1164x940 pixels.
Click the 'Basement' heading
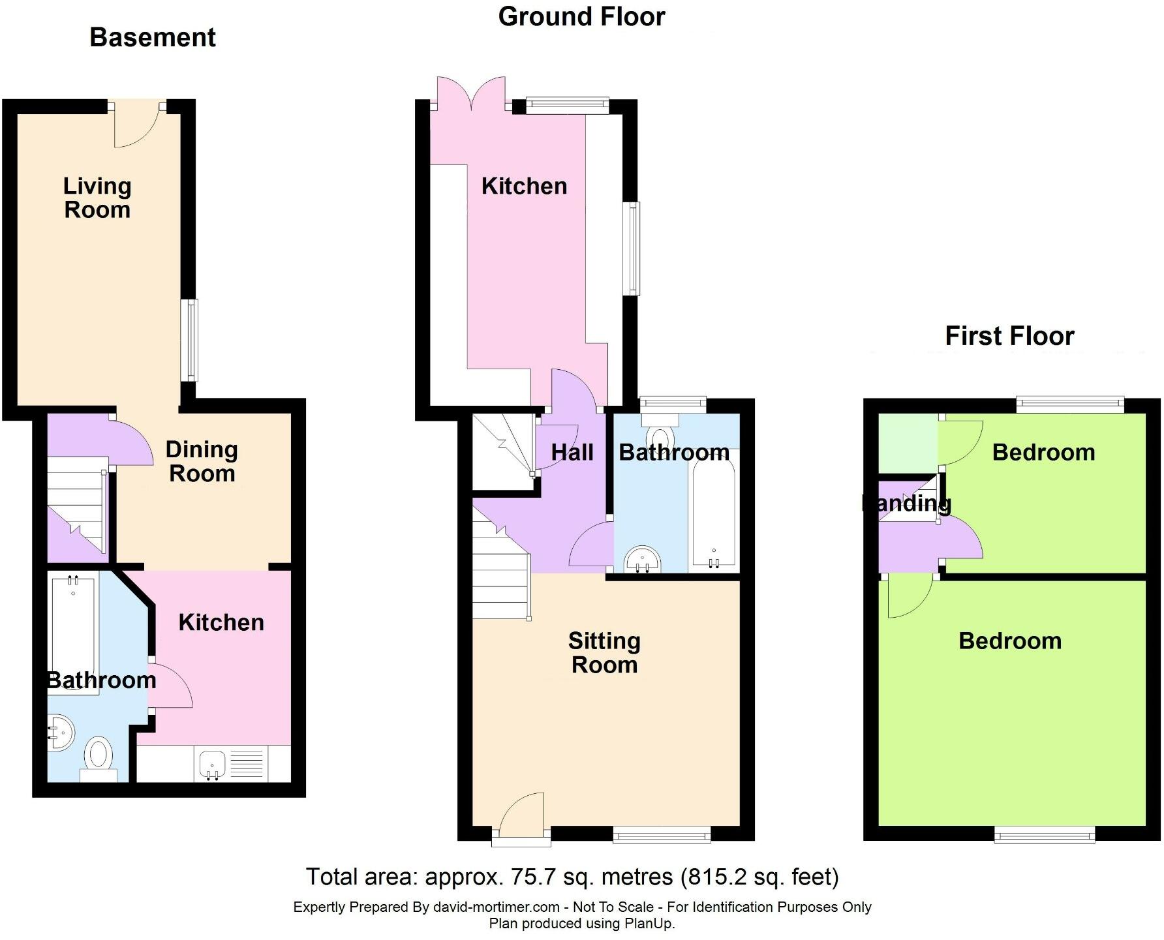click(152, 37)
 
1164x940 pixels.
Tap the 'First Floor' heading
click(1009, 336)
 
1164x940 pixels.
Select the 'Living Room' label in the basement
click(97, 198)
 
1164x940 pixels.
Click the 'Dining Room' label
click(202, 461)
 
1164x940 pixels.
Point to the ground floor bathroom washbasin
click(643, 560)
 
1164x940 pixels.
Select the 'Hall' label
click(572, 452)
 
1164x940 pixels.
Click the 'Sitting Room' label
click(604, 652)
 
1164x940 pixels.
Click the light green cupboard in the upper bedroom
click(908, 442)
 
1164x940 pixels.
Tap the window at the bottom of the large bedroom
click(1045, 834)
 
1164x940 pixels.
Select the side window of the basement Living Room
click(190, 339)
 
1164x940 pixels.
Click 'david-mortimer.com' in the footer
click(496, 907)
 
